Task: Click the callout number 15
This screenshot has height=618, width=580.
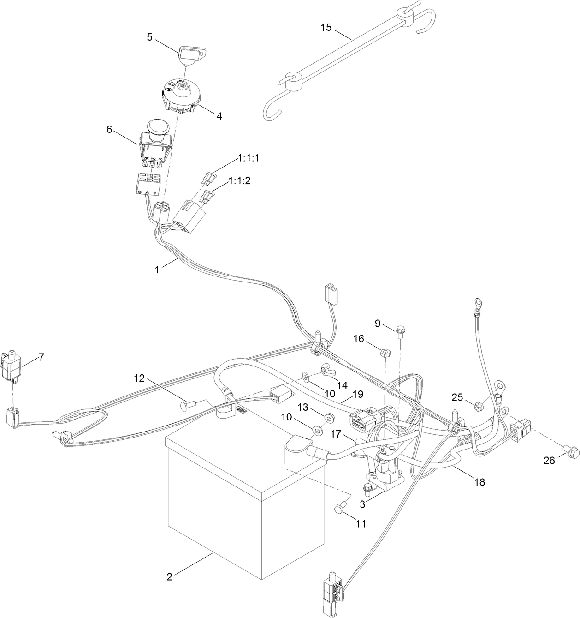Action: pyautogui.click(x=326, y=27)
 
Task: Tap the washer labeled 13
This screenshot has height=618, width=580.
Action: pyautogui.click(x=328, y=418)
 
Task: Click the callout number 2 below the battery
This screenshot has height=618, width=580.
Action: pyautogui.click(x=170, y=576)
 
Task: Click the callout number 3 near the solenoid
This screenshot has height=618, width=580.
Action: pyautogui.click(x=363, y=504)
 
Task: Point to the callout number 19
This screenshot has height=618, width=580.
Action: pyautogui.click(x=358, y=395)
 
